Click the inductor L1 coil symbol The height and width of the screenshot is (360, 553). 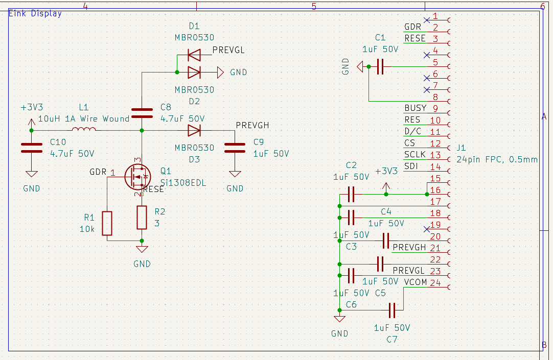coord(84,130)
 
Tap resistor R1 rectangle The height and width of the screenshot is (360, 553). coord(107,223)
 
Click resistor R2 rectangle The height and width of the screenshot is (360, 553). coord(142,217)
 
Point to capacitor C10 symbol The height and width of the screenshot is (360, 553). coord(31,148)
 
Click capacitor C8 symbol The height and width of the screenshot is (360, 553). coord(142,113)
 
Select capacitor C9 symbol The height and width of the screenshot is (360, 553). coord(235,148)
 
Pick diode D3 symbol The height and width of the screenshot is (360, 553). coord(194,131)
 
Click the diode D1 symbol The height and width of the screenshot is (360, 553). coord(194,54)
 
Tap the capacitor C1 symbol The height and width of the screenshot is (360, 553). coord(379,66)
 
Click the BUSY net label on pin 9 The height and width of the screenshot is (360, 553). coord(415,108)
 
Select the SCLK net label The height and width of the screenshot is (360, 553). coord(415,155)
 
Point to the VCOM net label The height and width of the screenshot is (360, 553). coord(415,282)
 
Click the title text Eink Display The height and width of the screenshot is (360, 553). coord(35,13)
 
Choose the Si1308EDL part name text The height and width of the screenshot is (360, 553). coord(183,183)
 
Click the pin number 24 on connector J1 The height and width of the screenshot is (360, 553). coord(435,282)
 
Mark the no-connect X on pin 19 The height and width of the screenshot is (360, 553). coord(427,228)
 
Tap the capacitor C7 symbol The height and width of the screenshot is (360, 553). coord(392,310)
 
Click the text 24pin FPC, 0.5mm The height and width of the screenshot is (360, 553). coord(496,159)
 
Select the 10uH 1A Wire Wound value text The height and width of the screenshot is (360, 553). coord(84,118)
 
